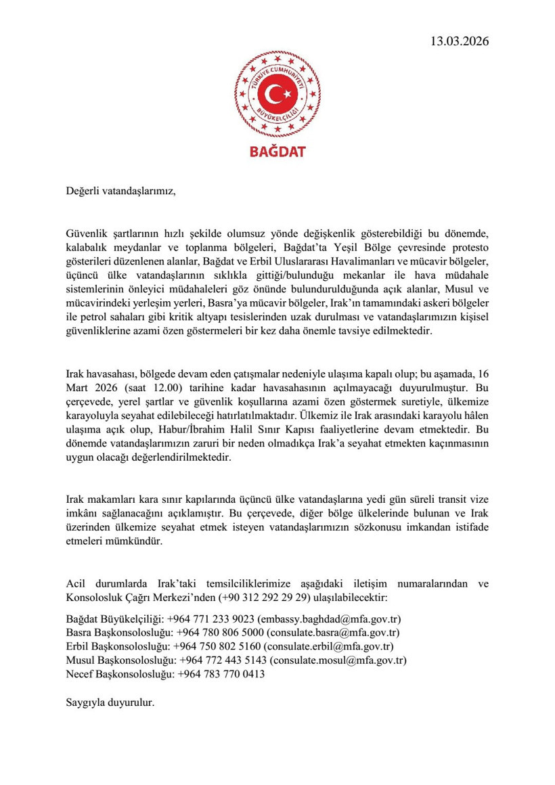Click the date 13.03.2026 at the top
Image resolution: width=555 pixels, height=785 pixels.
[x=459, y=41]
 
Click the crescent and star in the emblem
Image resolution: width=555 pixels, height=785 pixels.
[x=277, y=93]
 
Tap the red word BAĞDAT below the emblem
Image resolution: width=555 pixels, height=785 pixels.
[x=277, y=151]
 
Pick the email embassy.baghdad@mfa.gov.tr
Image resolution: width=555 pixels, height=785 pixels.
[x=330, y=619]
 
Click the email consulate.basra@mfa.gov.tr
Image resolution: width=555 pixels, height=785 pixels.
[x=332, y=633]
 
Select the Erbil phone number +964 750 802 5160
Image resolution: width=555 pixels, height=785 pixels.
[x=217, y=646]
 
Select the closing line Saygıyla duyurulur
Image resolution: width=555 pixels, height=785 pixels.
[x=110, y=702]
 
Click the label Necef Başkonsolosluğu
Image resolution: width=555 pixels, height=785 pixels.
[x=120, y=674]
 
